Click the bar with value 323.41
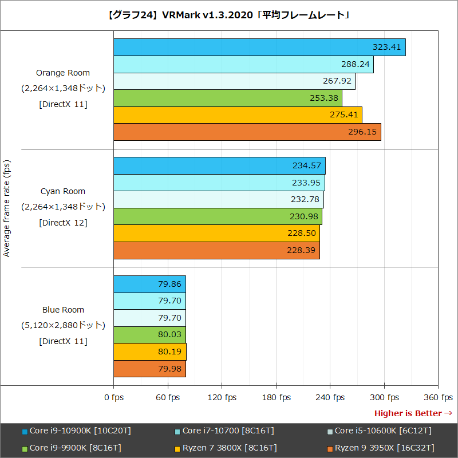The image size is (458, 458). [x=259, y=47]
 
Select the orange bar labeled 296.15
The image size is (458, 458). [x=247, y=132]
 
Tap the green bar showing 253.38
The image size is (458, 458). [x=228, y=98]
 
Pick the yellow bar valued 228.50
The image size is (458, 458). [x=216, y=234]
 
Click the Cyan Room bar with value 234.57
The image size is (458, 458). [x=219, y=166]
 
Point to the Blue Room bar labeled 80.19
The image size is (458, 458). [x=150, y=352]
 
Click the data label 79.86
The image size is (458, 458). [x=169, y=284]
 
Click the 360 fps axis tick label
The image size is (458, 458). [x=439, y=397]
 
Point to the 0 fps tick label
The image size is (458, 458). [x=114, y=397]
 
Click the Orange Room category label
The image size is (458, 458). [x=63, y=73]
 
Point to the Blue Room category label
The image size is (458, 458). [x=63, y=310]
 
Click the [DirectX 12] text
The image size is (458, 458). [x=63, y=223]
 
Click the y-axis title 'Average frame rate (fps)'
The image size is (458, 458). [x=7, y=208]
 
